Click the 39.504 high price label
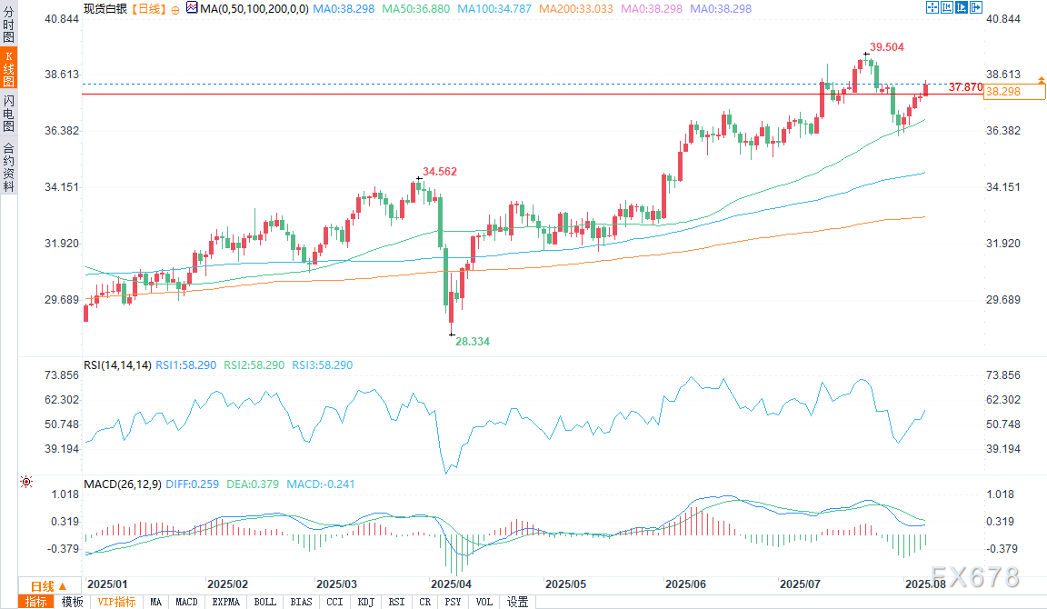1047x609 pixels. tap(886, 46)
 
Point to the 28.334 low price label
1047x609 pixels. tap(473, 341)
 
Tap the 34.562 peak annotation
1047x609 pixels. tap(440, 171)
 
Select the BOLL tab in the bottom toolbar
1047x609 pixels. tap(265, 602)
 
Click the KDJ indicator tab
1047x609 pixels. tap(366, 602)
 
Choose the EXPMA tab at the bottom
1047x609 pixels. tap(225, 602)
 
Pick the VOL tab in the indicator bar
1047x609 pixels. tap(484, 602)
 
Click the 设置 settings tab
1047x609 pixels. tap(518, 602)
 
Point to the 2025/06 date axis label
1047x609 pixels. tap(686, 584)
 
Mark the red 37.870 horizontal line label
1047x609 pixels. tap(964, 87)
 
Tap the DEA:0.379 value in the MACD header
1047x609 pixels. tap(254, 484)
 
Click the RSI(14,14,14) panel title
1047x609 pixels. tap(116, 365)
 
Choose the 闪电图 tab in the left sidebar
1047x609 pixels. tap(8, 112)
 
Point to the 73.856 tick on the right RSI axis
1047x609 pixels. tap(1002, 375)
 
